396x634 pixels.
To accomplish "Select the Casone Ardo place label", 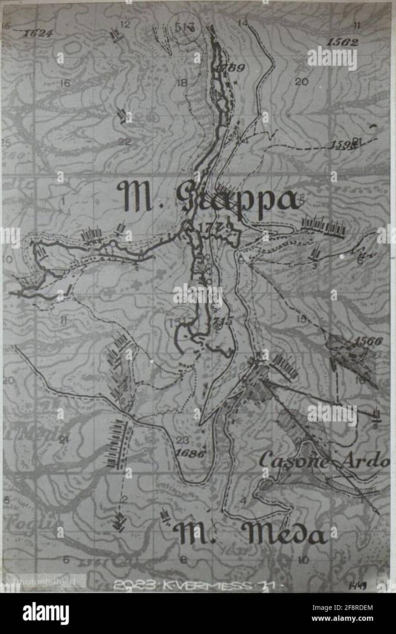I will coord(324,461).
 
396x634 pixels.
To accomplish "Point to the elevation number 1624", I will coord(38,33).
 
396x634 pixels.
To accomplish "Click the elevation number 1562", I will coord(342,42).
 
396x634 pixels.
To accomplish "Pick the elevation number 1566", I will coord(368,341).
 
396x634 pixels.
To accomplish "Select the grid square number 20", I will coord(301,82).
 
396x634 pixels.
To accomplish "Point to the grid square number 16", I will coord(65,83).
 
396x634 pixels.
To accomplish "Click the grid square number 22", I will coord(124,141).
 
